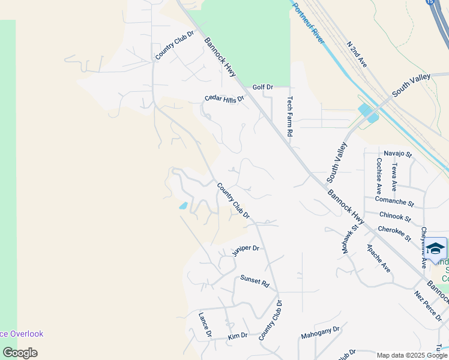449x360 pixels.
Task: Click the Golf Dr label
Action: click(262, 88)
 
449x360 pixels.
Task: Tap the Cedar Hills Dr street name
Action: click(224, 98)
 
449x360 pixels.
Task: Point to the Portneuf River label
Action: click(308, 23)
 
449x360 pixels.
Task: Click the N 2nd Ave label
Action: click(357, 53)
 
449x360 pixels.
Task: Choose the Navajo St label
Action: click(398, 154)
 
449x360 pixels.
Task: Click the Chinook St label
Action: click(395, 217)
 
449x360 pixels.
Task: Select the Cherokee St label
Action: click(394, 233)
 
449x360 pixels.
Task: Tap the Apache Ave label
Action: click(378, 258)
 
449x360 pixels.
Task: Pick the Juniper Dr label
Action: click(246, 251)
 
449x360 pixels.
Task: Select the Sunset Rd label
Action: click(254, 280)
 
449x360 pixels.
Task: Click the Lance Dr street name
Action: click(205, 324)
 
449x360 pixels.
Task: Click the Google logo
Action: click(20, 353)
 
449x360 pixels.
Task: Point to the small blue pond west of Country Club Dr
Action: click(183, 206)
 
